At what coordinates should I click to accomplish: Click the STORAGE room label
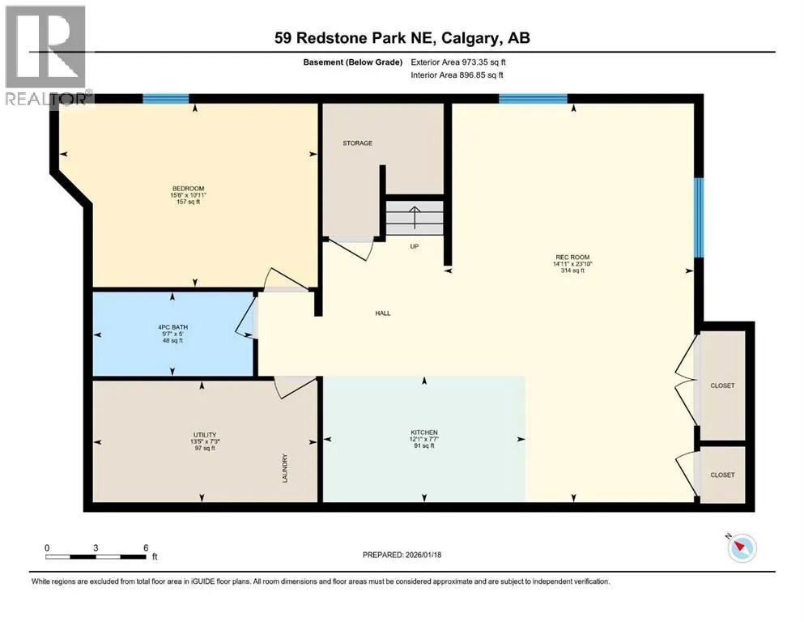357,143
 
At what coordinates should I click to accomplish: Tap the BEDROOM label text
188,188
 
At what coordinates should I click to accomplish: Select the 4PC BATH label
172,326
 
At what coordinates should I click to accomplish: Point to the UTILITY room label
205,435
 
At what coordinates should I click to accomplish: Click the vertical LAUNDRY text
285,467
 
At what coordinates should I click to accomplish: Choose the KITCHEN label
424,432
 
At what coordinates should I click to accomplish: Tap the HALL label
382,313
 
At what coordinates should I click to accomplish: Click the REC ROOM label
572,257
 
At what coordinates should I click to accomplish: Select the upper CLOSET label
722,385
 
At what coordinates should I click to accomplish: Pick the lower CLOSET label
722,475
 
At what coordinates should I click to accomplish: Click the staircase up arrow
415,217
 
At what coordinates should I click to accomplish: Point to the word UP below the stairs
415,246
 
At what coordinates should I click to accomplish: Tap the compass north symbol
742,547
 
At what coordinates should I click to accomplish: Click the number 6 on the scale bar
146,547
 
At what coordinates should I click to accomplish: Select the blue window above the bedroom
166,99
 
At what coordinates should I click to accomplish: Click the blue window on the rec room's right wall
699,217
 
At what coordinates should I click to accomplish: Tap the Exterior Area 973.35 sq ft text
458,62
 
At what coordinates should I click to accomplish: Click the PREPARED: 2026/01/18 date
402,554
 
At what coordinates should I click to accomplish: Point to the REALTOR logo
47,55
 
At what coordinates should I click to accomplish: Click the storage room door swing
351,249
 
